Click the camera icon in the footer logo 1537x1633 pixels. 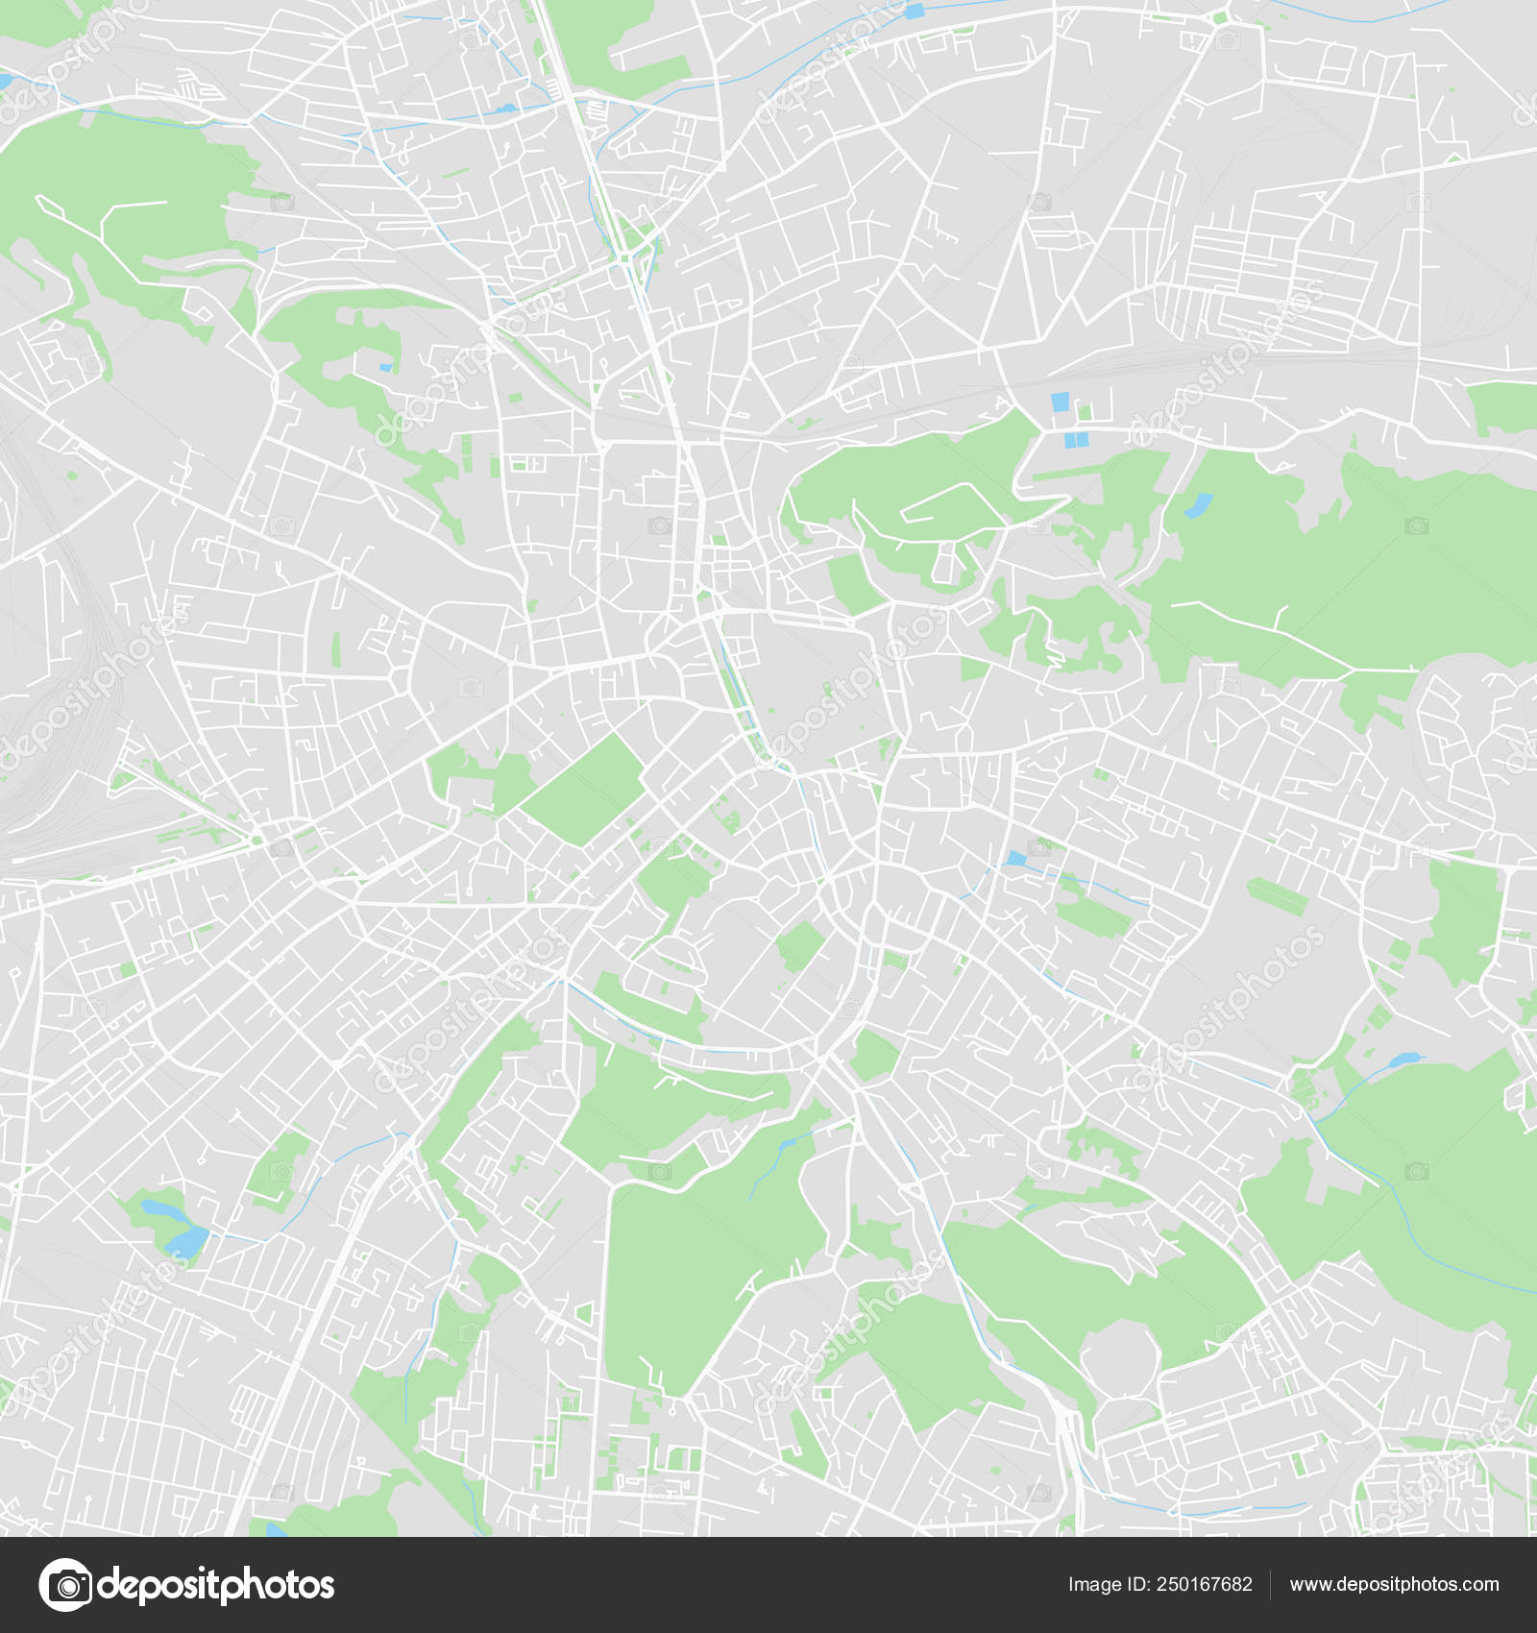pyautogui.click(x=65, y=1584)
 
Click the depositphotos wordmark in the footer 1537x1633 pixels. pyautogui.click(x=216, y=1585)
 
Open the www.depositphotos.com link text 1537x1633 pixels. pyautogui.click(x=1394, y=1585)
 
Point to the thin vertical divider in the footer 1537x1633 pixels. pyautogui.click(x=1270, y=1585)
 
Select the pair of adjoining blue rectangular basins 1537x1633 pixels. pyautogui.click(x=1076, y=440)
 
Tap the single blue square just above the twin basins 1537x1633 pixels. pyautogui.click(x=1061, y=402)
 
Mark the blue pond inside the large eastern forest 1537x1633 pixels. pyautogui.click(x=1198, y=505)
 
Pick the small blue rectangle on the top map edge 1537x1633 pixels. pyautogui.click(x=914, y=12)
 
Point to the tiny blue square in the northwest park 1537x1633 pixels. pyautogui.click(x=385, y=367)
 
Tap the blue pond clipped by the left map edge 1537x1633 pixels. pyautogui.click(x=5, y=82)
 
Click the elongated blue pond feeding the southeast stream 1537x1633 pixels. pyautogui.click(x=1405, y=1060)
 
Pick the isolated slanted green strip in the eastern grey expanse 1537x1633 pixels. pyautogui.click(x=1277, y=894)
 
